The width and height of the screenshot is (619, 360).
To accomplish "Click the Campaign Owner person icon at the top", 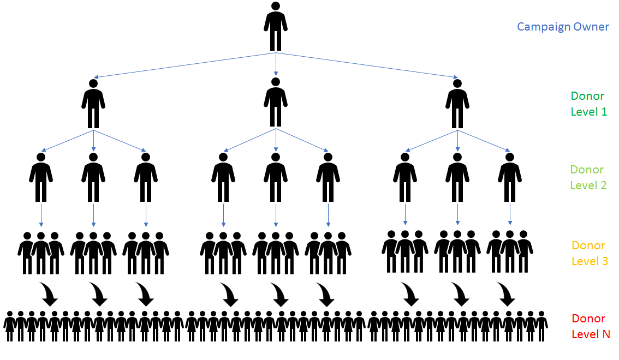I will click(276, 27).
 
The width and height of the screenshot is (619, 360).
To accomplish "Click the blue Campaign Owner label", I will click(563, 27).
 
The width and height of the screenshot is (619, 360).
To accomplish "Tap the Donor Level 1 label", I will click(588, 104).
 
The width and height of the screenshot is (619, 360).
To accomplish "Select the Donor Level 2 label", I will click(588, 177).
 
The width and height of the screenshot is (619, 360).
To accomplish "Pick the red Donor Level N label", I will click(590, 326).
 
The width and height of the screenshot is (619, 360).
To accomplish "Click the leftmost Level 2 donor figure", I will click(41, 178).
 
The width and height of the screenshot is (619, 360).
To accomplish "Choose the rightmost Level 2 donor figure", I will click(510, 178).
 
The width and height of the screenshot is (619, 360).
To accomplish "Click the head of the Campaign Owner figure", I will click(276, 6).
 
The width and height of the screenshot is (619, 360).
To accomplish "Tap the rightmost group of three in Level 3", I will click(510, 251).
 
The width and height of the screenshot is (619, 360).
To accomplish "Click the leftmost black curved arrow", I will click(49, 294).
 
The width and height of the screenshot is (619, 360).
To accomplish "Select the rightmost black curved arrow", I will click(507, 294).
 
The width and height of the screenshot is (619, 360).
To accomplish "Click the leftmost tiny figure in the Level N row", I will click(9, 326).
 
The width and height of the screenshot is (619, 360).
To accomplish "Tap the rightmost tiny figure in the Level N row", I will click(541, 326).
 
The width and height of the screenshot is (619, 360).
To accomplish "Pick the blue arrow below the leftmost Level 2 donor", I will click(41, 215).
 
